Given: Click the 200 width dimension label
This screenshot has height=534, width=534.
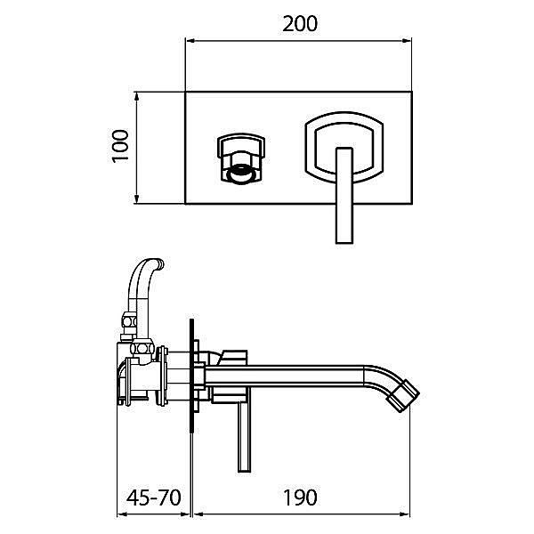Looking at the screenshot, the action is tap(300, 24).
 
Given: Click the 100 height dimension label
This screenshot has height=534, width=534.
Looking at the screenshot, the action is tap(120, 146).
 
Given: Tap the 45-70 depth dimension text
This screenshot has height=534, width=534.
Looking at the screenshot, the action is tap(153, 498).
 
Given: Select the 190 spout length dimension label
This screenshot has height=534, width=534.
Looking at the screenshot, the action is tap(300, 498).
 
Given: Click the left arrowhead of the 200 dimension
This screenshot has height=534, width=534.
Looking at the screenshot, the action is tap(190, 41).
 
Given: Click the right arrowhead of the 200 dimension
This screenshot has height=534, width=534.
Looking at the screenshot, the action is tap(407, 41).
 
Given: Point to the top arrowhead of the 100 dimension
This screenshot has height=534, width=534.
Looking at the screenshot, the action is tap(137, 96).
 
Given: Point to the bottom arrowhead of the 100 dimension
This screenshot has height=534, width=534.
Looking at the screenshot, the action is tap(137, 199).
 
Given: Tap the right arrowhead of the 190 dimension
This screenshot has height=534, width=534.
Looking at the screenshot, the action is tap(405, 514).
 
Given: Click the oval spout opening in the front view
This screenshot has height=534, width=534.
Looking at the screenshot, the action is tap(241, 174).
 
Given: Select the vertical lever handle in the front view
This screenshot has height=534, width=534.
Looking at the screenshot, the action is tap(344, 196).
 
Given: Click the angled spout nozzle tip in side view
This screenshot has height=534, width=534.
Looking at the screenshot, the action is tap(404, 396).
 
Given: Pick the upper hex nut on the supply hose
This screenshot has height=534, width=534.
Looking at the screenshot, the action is tap(129, 321).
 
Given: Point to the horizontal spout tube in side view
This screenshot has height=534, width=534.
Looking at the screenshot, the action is tap(285, 376).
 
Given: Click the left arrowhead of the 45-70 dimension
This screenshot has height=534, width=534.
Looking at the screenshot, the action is tap(122, 514).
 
